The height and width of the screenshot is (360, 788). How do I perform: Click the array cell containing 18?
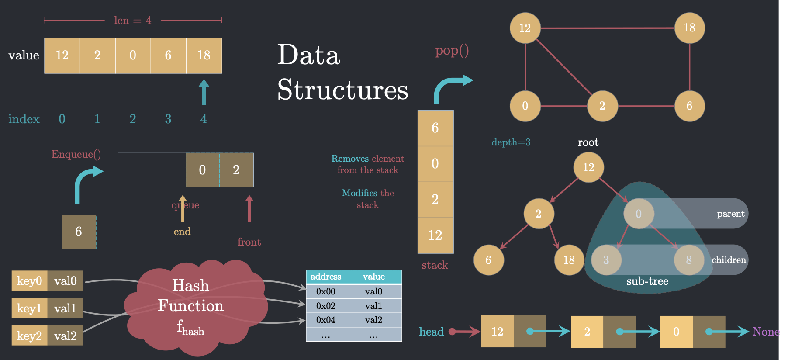(204, 55)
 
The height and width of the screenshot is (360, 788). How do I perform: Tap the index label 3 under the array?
(168, 119)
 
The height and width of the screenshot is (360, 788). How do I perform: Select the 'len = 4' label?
(133, 21)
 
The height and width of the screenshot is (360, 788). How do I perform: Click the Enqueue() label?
(76, 154)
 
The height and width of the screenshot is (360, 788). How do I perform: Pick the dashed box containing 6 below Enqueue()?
(79, 232)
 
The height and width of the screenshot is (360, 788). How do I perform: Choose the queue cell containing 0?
(202, 170)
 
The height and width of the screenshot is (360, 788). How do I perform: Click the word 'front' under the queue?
(249, 242)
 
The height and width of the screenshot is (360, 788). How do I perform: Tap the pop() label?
(452, 51)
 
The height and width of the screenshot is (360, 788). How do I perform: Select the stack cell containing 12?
(435, 235)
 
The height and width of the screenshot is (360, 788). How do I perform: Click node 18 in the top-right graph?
(689, 28)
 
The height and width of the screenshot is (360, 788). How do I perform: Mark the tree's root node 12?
(588, 167)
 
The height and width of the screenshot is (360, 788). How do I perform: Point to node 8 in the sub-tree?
(689, 260)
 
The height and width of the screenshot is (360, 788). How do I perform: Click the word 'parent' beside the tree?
(730, 214)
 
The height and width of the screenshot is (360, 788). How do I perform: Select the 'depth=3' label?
(511, 142)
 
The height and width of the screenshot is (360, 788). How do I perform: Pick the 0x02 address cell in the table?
(326, 306)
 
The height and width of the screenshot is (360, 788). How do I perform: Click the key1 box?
(29, 308)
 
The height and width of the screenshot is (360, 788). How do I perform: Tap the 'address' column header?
(326, 277)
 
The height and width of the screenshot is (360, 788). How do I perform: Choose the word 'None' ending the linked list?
(766, 332)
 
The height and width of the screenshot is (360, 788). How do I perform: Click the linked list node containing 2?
(587, 332)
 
